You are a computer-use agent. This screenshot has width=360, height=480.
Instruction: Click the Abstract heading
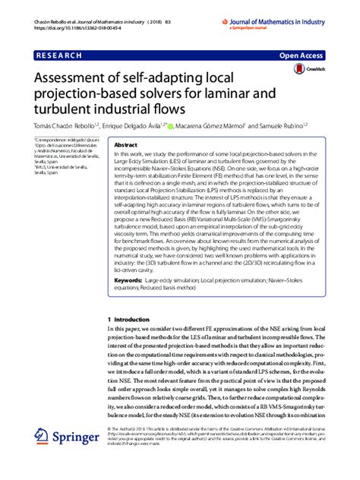125,144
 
